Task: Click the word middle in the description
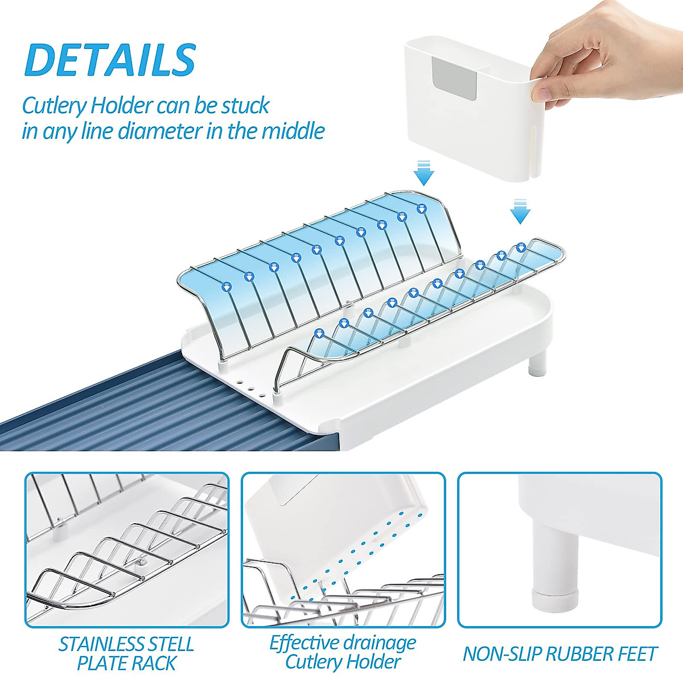(x=293, y=131)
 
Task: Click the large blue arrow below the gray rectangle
(x=424, y=173)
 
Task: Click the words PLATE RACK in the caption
(x=126, y=664)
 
